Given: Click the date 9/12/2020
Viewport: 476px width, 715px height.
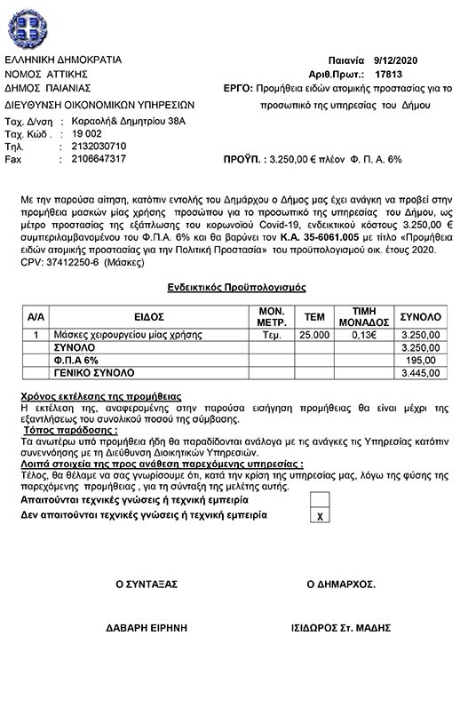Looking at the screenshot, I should (x=406, y=60).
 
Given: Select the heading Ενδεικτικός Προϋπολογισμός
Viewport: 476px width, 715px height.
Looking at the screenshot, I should (x=237, y=289).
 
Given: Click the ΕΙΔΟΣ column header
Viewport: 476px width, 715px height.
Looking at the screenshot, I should (x=148, y=316).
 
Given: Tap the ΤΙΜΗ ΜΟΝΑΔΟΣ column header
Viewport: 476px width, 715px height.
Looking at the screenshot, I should (x=361, y=316).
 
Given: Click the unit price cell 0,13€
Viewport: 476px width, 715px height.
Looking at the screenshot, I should (x=361, y=336).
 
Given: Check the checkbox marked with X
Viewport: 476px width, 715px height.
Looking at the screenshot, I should (x=321, y=515).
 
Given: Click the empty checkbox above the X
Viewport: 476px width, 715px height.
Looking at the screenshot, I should (x=321, y=499).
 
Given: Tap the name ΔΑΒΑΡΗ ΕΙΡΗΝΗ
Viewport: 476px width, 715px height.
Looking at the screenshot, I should (x=147, y=627).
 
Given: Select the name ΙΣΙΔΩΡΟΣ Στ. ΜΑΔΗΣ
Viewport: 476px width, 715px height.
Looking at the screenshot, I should (x=340, y=627).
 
